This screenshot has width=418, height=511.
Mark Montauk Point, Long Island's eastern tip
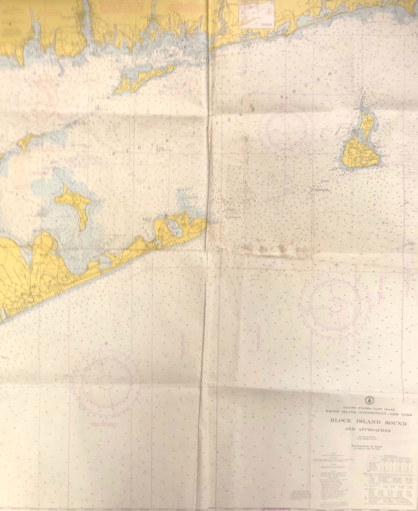206,222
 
